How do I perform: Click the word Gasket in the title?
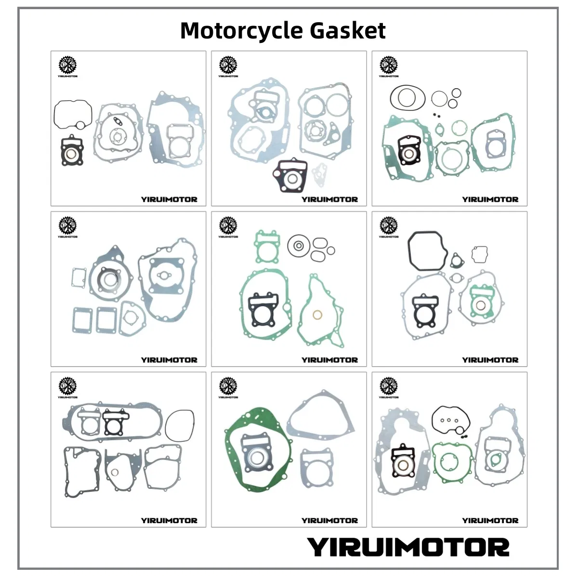(x=348, y=31)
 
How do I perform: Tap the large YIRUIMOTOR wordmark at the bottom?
(x=408, y=548)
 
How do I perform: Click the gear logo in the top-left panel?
(x=67, y=65)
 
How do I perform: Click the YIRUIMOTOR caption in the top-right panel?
(x=490, y=199)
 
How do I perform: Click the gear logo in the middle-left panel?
(x=67, y=225)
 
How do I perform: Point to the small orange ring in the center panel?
(x=318, y=315)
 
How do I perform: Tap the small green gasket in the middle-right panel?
(x=479, y=302)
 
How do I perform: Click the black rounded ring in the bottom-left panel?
(x=180, y=426)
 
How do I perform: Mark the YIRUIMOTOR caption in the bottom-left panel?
(x=169, y=520)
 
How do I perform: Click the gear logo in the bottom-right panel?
(x=388, y=386)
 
